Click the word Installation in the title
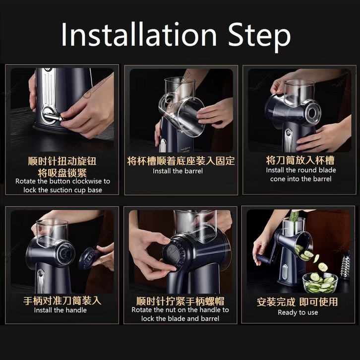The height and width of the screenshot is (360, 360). point(139,34)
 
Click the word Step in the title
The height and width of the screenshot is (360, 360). point(259,37)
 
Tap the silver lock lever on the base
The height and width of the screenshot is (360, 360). point(53,117)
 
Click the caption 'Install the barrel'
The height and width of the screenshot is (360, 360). point(178,171)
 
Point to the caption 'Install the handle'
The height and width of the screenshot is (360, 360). point(60,310)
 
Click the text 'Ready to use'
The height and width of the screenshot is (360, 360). point(298,312)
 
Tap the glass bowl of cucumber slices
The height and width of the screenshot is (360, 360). point(320,283)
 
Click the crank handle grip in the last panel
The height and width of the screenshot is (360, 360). point(264,259)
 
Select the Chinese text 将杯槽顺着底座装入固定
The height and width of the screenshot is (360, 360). point(181,161)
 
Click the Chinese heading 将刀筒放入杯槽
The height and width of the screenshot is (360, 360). point(300,160)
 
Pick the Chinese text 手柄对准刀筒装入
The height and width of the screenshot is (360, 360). point(62,300)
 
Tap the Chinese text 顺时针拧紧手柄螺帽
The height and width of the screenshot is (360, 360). point(180,301)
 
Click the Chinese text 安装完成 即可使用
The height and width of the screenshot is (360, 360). point(298,301)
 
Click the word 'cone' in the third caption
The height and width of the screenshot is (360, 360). point(278,179)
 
